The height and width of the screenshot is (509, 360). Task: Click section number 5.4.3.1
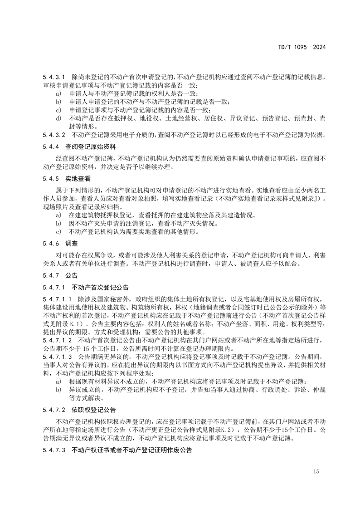pyautogui.click(x=54, y=78)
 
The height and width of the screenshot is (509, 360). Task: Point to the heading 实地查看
pyautogui.click(x=78, y=179)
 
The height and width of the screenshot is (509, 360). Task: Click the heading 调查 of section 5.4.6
pyautogui.click(x=72, y=244)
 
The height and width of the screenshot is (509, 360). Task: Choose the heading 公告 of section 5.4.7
pyautogui.click(x=72, y=275)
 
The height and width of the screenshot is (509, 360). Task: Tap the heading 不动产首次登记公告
pyautogui.click(x=100, y=287)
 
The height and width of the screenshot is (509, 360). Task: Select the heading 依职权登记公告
pyautogui.click(x=94, y=410)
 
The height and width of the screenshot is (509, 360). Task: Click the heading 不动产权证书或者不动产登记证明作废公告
pyautogui.click(x=132, y=450)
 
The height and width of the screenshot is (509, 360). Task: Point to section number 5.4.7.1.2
pyautogui.click(x=58, y=340)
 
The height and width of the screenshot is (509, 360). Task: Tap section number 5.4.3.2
pyautogui.click(x=54, y=135)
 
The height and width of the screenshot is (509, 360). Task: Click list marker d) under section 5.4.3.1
pyautogui.click(x=58, y=118)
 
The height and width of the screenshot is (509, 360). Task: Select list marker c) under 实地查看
pyautogui.click(x=58, y=232)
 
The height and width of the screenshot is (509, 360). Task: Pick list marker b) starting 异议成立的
pyautogui.click(x=58, y=389)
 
